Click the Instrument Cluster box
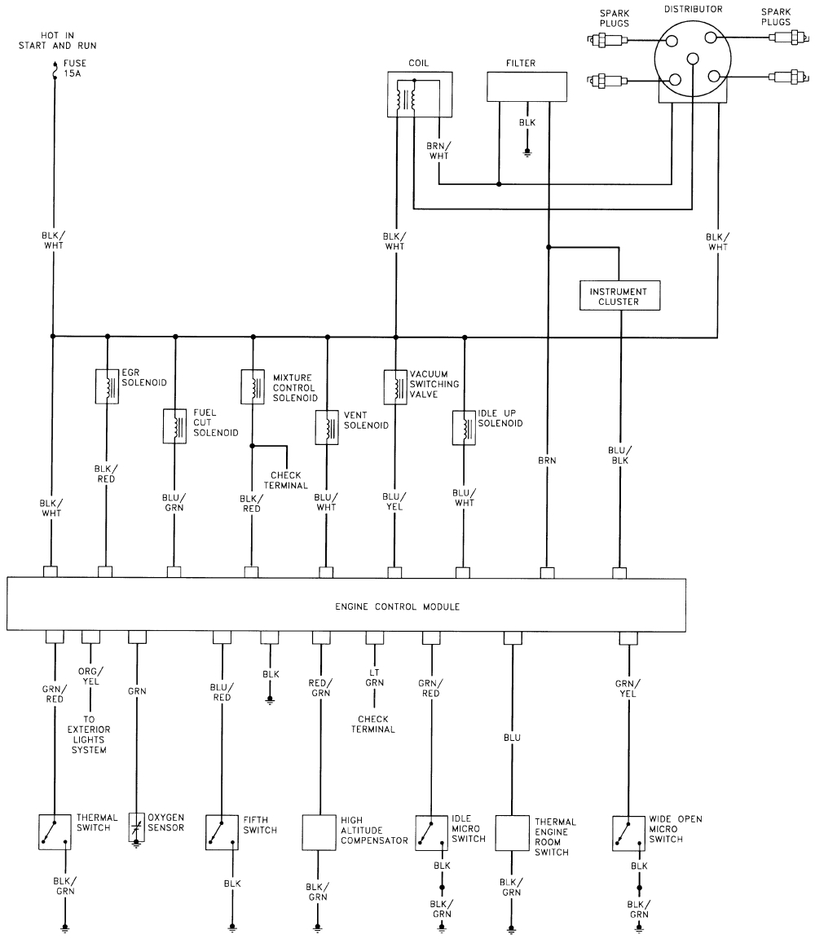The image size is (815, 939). point(619,296)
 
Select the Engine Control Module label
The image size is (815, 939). point(398,606)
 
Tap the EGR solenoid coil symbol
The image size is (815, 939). point(108,386)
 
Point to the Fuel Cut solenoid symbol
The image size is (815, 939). point(175,425)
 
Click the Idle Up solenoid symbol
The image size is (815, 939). point(465,429)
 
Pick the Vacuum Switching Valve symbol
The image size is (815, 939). point(395,386)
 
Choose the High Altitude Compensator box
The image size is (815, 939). point(318,832)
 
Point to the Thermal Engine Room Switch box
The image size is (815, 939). point(513,832)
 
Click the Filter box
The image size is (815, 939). point(526,86)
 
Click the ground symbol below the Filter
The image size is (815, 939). point(527,152)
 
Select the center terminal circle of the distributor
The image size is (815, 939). point(693,58)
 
